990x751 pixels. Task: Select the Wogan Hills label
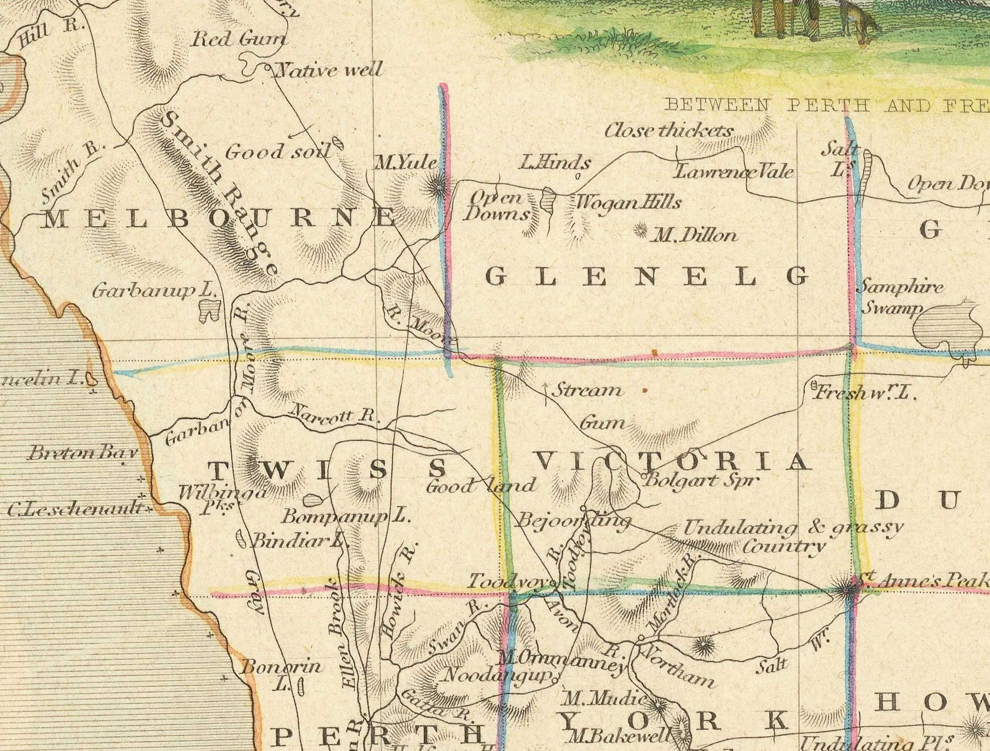tap(628, 202)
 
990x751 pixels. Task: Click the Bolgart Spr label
tap(701, 480)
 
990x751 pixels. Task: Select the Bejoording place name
tap(573, 520)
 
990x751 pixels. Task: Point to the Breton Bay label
tap(83, 453)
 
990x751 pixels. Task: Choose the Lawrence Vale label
tap(734, 172)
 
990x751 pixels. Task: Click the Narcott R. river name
tap(334, 414)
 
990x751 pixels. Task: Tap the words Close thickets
tap(668, 131)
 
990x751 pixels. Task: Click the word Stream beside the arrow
tap(587, 390)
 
